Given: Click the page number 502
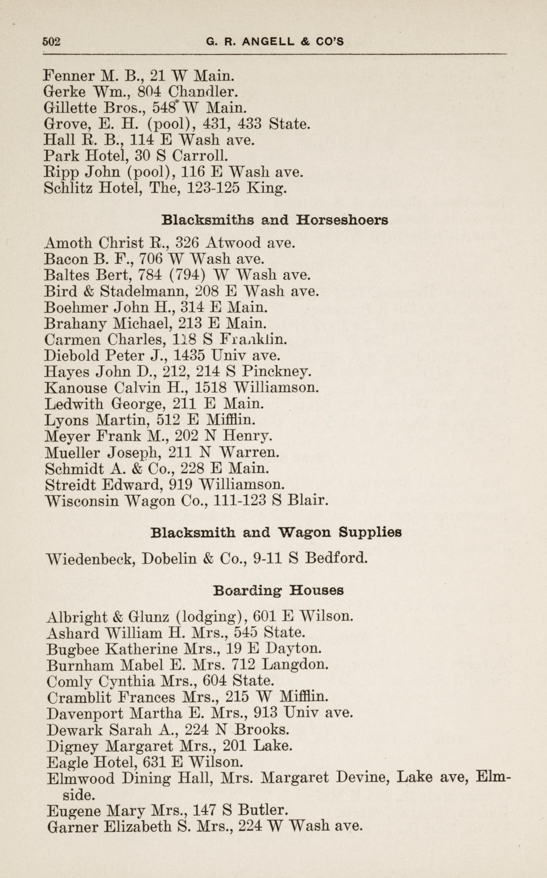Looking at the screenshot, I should (x=51, y=42).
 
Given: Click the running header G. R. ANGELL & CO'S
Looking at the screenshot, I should (x=275, y=42).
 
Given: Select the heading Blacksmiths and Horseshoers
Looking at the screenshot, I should (x=275, y=220).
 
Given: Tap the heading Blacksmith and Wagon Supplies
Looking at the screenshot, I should (x=276, y=532).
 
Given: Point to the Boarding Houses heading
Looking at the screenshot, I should (x=278, y=590).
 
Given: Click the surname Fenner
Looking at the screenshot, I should (x=69, y=76).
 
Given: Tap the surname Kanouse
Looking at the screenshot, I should (x=76, y=388).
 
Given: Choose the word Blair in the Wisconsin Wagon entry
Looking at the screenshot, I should (x=307, y=500).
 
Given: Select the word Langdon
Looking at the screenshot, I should (x=295, y=665).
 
